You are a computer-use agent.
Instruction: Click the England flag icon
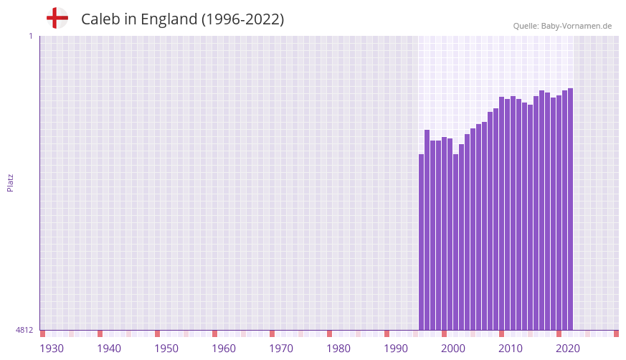(x=57, y=18)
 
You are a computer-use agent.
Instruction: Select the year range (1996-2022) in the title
(x=242, y=19)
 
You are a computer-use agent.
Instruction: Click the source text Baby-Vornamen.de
(x=577, y=26)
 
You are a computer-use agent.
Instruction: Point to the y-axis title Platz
(x=10, y=182)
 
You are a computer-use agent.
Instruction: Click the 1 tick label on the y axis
(x=30, y=36)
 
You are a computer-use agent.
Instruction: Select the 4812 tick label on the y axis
(x=24, y=330)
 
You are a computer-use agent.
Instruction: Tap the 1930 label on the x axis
(x=52, y=349)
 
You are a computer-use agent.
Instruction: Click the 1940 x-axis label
(x=109, y=349)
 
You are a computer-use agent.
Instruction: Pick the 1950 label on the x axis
(x=166, y=349)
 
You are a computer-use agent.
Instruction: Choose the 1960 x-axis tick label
(x=224, y=349)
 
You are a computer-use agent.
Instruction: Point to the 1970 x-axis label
(x=281, y=349)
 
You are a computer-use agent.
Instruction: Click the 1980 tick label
(x=338, y=349)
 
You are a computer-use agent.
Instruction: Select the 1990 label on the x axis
(x=396, y=349)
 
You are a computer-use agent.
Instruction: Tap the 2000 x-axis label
(x=453, y=349)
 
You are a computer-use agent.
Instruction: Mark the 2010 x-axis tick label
(x=511, y=349)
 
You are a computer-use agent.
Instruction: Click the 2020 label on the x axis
(x=568, y=349)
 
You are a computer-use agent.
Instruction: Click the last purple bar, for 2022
(x=570, y=209)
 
